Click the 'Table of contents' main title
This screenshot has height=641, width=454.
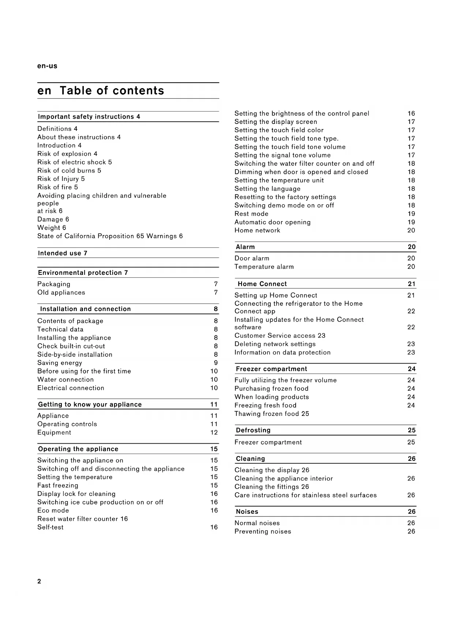[x=112, y=91]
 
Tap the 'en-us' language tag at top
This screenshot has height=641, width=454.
[x=47, y=66]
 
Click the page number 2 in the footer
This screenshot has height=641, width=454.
[x=39, y=581]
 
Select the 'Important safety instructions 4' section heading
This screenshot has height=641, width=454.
[x=89, y=117]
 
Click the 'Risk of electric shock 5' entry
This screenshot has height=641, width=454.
[x=75, y=162]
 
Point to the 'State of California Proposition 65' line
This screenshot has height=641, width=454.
[x=110, y=236]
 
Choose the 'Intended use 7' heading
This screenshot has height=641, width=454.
[x=63, y=253]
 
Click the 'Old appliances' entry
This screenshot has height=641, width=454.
[x=61, y=292]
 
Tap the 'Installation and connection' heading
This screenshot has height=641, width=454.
[x=85, y=309]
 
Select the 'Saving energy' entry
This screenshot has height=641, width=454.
[x=60, y=363]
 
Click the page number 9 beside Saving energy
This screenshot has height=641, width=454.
[x=216, y=363]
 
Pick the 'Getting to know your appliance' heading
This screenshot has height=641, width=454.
[x=90, y=405]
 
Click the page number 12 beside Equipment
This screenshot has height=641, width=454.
[x=214, y=433]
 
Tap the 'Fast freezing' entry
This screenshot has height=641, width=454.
[x=58, y=486]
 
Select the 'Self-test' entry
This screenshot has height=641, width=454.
[x=50, y=527]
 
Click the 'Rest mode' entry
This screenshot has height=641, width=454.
[x=251, y=214]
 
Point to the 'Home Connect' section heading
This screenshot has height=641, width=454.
[x=262, y=284]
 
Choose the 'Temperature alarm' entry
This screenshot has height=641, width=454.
[x=264, y=267]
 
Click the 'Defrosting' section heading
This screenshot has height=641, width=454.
[x=253, y=430]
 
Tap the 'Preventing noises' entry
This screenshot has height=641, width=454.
[x=263, y=531]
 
